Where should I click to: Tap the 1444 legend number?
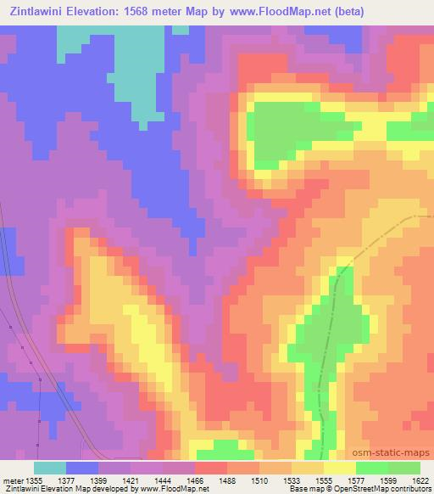coord(164,480)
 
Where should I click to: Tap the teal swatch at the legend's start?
coord(50,468)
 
